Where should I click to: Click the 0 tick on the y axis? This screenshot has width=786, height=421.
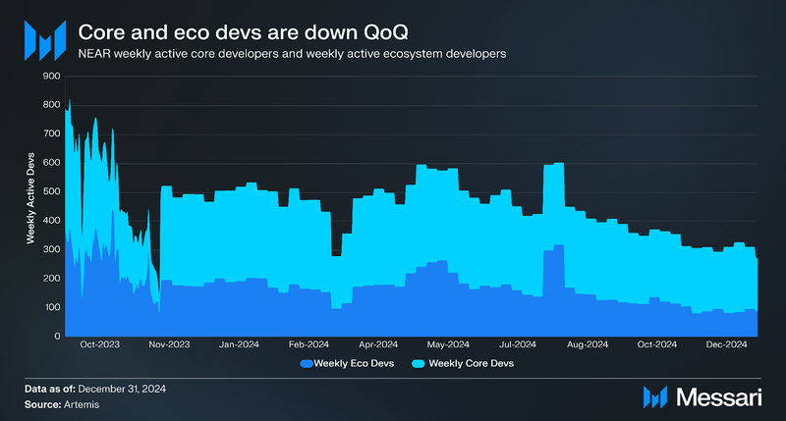click(x=56, y=337)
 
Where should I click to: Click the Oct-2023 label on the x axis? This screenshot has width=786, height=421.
click(x=99, y=344)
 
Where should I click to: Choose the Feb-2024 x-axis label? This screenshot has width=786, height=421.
click(x=309, y=344)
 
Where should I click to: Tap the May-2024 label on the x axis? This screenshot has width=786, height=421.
click(x=448, y=344)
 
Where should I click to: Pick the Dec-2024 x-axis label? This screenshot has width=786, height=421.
click(x=727, y=344)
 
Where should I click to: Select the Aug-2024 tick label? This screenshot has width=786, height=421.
click(x=588, y=344)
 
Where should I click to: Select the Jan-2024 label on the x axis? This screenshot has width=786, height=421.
click(x=239, y=344)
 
